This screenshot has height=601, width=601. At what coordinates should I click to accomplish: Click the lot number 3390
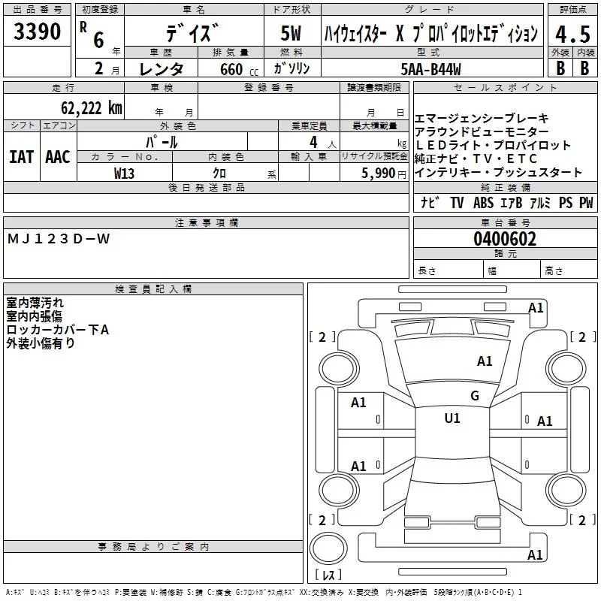[x=38, y=32]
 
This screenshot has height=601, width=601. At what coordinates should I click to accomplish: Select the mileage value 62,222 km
[x=84, y=107]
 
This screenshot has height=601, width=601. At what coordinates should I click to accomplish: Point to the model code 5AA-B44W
[x=430, y=69]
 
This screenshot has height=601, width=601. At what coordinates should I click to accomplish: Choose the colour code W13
[x=124, y=172]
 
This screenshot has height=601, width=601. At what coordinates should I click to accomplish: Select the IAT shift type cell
[x=21, y=156]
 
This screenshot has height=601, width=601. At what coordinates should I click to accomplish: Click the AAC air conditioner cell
[x=57, y=156]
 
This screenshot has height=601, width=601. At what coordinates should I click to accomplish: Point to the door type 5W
[x=290, y=33]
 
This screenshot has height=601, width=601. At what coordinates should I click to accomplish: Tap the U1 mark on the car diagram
[x=452, y=418]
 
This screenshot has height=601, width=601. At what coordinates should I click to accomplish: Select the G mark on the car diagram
[x=474, y=396]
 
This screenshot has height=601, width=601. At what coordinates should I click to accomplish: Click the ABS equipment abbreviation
[x=483, y=203]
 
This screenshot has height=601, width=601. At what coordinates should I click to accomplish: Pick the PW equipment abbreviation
[x=586, y=203]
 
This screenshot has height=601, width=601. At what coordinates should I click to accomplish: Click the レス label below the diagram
[x=328, y=575]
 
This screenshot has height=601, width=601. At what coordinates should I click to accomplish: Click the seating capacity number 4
[x=312, y=141]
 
